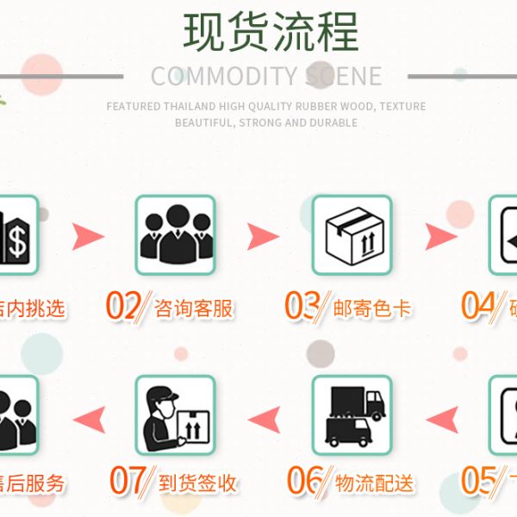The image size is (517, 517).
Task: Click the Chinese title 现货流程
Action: pos(271,31)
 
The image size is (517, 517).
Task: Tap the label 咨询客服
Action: pos(194,308)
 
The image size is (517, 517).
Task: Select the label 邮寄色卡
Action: pos(372,308)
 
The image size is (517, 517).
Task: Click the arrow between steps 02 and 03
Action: pos(263,235)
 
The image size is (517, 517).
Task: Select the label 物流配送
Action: pos(372,483)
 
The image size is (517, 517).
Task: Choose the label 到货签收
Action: pos(197,483)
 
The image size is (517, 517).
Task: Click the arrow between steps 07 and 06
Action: pos(263,419)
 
